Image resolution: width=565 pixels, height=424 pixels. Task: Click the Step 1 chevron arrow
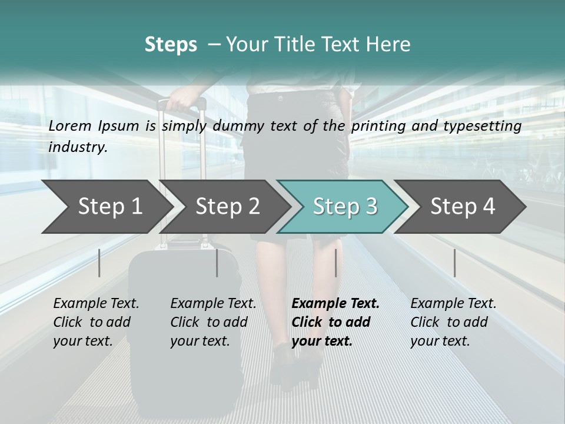point(106,207)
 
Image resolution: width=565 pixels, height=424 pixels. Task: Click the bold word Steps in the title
point(171,44)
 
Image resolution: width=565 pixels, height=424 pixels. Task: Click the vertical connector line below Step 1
point(99,263)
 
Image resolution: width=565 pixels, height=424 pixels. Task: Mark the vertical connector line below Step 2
point(217,263)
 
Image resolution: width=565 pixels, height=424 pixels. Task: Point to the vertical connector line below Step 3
point(335,263)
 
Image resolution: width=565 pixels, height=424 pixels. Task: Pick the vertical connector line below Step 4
point(454,263)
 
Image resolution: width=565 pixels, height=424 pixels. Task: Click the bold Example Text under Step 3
point(335,303)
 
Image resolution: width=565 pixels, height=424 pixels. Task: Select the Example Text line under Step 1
point(96,303)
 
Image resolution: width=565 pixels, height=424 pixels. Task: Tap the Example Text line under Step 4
point(453,303)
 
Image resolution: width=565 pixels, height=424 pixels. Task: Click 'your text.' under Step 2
point(200,341)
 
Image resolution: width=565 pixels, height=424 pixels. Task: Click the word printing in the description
point(377,126)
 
